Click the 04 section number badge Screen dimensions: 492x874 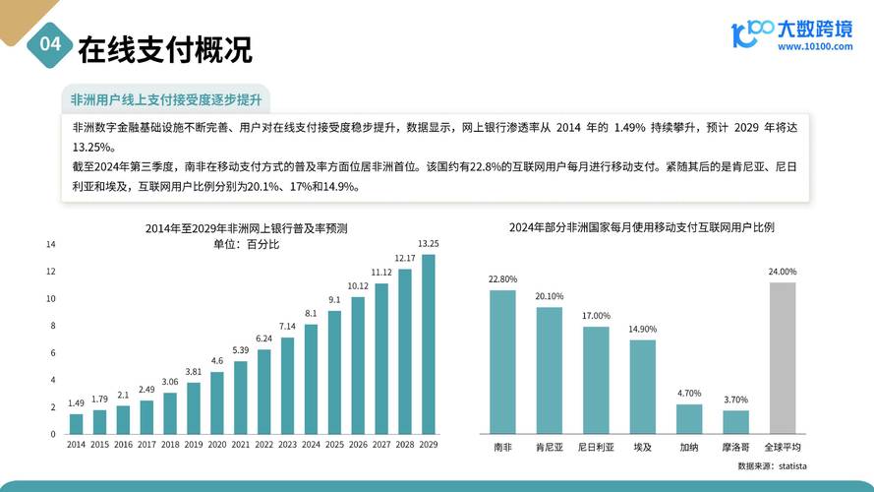click(x=49, y=45)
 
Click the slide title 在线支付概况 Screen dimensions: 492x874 click(x=164, y=47)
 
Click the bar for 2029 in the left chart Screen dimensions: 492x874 click(x=429, y=344)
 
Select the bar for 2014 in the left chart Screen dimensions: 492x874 click(x=76, y=423)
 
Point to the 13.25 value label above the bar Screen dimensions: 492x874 click(x=429, y=244)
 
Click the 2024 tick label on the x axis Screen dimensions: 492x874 click(x=311, y=446)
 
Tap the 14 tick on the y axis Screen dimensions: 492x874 click(x=50, y=244)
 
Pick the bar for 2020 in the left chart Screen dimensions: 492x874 click(x=217, y=402)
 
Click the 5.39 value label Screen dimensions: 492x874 click(x=240, y=350)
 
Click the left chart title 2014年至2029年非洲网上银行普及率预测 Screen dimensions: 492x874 click(x=246, y=228)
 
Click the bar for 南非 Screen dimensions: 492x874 click(x=502, y=361)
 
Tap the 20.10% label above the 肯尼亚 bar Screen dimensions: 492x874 click(x=550, y=296)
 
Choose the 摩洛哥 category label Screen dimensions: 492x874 click(x=735, y=447)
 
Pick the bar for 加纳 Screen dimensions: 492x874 click(x=689, y=419)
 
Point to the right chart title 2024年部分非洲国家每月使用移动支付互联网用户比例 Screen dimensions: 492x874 click(x=642, y=227)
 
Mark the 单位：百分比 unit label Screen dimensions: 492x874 click(x=246, y=244)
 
